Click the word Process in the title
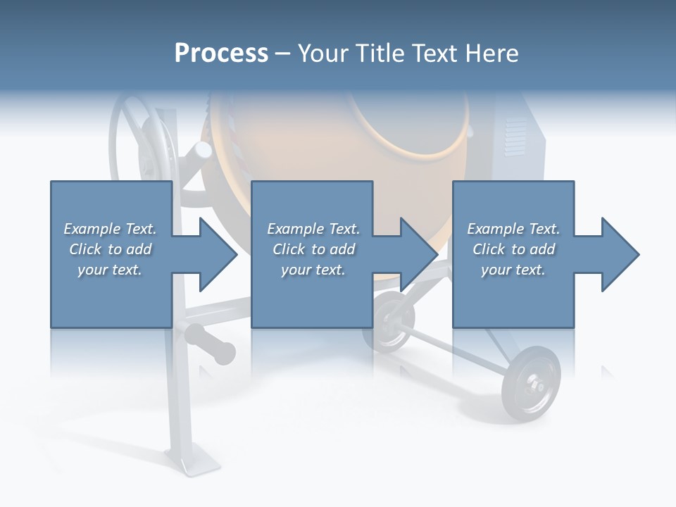pyautogui.click(x=221, y=54)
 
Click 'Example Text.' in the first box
pyautogui.click(x=110, y=229)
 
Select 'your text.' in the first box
pyautogui.click(x=110, y=270)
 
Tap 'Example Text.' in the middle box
pyautogui.click(x=313, y=229)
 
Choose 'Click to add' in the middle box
pyautogui.click(x=313, y=249)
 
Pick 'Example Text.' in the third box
pyautogui.click(x=513, y=229)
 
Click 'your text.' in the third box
pyautogui.click(x=513, y=270)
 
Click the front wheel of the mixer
pyautogui.click(x=532, y=382)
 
